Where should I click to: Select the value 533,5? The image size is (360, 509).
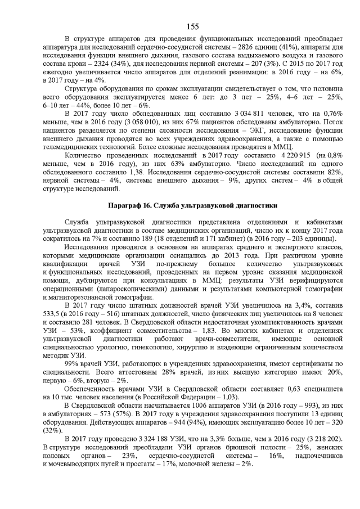53,327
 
